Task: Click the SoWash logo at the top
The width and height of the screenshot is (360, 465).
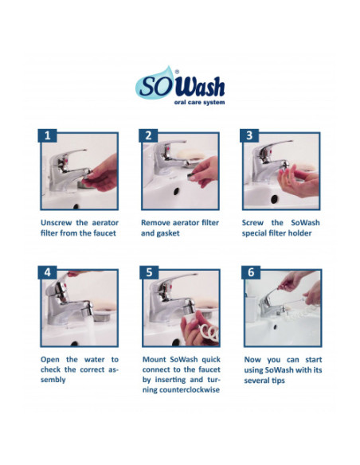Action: (x=180, y=85)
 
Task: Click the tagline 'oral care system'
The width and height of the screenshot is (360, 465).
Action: (x=199, y=102)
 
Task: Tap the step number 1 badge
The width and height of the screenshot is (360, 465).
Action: (x=48, y=135)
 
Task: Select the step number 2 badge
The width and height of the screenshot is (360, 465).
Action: (x=149, y=135)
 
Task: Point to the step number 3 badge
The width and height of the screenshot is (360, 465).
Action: (x=249, y=135)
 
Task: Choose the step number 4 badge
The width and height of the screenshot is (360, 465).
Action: (x=48, y=272)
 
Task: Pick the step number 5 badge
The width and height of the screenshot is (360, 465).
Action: (x=149, y=272)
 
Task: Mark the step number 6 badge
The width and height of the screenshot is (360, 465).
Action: (x=251, y=272)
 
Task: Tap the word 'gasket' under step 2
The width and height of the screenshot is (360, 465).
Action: (x=168, y=233)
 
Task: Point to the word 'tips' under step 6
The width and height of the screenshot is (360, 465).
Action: (x=278, y=381)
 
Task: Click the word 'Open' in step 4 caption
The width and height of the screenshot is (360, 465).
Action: (x=50, y=360)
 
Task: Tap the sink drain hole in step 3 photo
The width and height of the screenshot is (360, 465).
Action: (x=274, y=199)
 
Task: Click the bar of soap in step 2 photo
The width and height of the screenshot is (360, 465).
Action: (x=190, y=154)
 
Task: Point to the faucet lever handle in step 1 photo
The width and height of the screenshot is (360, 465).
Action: (x=72, y=153)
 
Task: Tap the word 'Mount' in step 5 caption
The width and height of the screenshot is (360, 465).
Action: (x=155, y=360)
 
